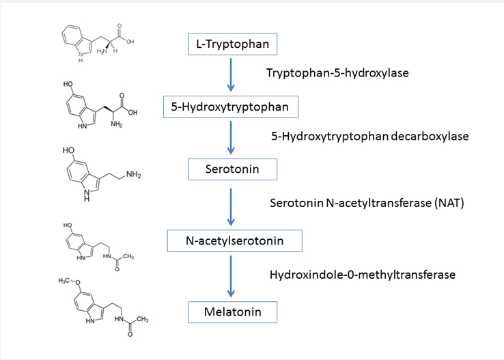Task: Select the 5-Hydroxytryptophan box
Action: pos(232,107)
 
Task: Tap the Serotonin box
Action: pos(232,167)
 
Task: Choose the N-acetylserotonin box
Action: pos(234,240)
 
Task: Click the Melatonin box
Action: pos(233,312)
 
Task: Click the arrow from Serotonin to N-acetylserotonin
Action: pos(231,204)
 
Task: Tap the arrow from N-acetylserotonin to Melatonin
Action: pos(231,276)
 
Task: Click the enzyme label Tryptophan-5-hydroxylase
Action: pos(338,72)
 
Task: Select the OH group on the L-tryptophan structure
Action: pos(130,42)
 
